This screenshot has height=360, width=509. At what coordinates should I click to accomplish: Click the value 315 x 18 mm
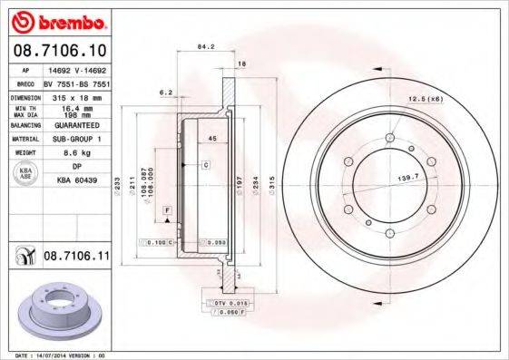[76, 96]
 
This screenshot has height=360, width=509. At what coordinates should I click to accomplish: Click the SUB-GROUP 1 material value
[76, 140]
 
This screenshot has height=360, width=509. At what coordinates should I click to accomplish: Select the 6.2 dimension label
[165, 92]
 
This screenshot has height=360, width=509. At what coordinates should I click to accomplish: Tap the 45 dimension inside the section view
[210, 139]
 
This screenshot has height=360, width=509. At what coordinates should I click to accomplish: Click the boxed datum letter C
[206, 164]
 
